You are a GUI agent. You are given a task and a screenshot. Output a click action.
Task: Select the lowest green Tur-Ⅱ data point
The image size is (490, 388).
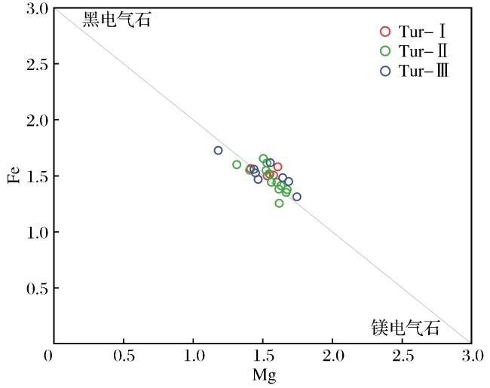pos(275,203)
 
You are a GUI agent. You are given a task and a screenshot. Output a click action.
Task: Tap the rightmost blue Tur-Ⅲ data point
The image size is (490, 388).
pos(292,197)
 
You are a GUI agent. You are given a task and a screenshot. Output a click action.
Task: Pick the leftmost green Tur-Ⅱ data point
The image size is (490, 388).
pos(233,165)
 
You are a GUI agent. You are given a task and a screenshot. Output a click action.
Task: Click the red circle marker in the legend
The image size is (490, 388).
pos(381,32)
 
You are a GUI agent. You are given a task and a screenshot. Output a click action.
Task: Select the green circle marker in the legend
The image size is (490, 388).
pos(381,51)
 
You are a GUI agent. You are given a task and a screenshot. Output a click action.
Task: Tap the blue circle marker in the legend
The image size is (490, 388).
pos(381,71)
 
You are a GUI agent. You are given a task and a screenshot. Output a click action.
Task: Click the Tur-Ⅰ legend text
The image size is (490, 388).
pos(422,32)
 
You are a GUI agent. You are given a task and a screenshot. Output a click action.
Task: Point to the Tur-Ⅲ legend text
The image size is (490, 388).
pos(424,71)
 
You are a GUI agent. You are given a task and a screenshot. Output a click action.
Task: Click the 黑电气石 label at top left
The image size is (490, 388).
pos(117,20)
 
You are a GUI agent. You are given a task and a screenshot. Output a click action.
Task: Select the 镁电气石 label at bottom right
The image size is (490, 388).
pos(406,328)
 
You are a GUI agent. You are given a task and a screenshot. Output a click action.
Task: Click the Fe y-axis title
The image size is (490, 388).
pos(14,175)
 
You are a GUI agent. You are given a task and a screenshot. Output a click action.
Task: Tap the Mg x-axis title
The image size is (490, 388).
pos(265,375)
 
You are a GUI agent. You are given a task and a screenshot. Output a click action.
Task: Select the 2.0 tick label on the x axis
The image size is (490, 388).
pos(333,356)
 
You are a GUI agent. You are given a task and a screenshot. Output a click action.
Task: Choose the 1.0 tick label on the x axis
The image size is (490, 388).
pos(194,356)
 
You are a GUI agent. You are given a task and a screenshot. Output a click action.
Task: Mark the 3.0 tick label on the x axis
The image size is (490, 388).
pos(473,356)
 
